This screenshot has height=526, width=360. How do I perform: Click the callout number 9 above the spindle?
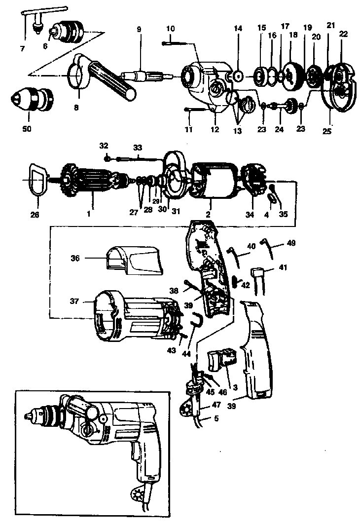click(139, 30)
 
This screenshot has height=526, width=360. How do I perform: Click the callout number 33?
click(137, 147)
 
